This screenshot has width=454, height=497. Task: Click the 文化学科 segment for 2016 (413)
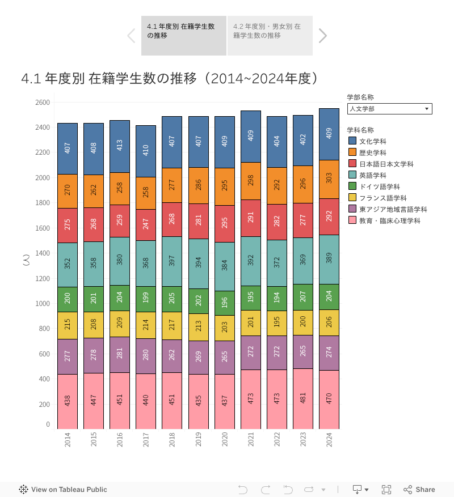tap(120, 146)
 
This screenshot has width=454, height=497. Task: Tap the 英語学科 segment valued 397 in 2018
tap(172, 261)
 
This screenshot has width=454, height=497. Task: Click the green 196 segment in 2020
tap(224, 299)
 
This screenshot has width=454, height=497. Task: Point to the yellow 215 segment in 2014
tap(68, 325)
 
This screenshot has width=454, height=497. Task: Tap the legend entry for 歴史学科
tap(372, 152)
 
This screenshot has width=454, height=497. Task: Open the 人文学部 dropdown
tap(390, 109)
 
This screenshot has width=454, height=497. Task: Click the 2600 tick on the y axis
tap(44, 103)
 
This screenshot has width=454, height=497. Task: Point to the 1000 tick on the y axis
tap(44, 304)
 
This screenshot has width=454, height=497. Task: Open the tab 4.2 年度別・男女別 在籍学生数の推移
tap(270, 35)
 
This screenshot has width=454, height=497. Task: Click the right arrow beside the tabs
tap(322, 36)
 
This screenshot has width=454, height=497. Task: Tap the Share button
tap(419, 490)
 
